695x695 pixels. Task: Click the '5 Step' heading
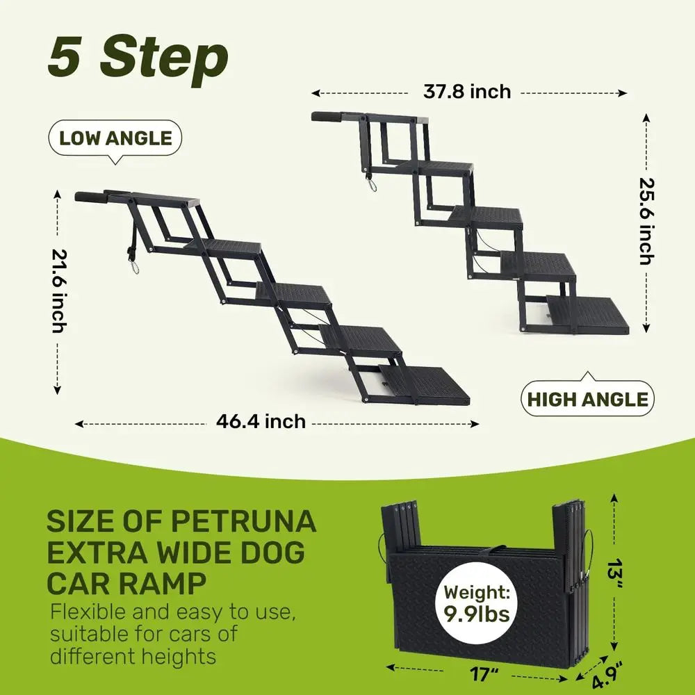click(x=138, y=58)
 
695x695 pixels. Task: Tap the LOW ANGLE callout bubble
click(x=115, y=138)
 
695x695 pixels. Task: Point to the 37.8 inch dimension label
click(x=467, y=92)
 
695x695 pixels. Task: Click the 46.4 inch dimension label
click(x=261, y=421)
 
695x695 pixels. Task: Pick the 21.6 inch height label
click(x=58, y=291)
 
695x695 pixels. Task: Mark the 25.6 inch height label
click(x=646, y=221)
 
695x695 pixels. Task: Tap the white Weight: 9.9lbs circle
click(x=477, y=603)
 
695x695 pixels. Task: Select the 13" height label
click(x=616, y=575)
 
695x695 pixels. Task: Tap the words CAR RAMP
click(x=126, y=583)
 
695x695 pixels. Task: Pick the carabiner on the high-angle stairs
click(x=371, y=183)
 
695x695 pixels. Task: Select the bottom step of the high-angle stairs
click(x=588, y=314)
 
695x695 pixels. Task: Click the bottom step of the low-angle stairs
click(x=424, y=385)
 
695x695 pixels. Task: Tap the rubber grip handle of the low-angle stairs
click(x=89, y=197)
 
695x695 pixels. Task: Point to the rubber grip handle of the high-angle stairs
click(x=326, y=117)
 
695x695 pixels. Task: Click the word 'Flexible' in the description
click(x=88, y=612)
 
